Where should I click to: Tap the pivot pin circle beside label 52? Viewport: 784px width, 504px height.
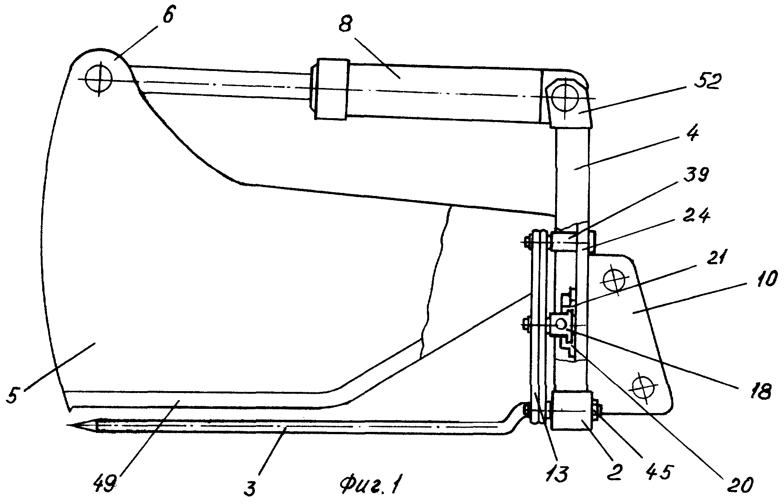[x=564, y=98]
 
